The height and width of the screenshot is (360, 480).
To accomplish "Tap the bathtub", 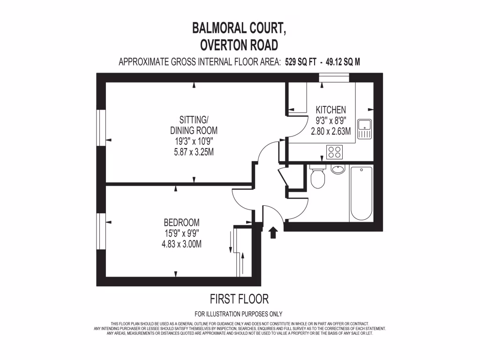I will [x=361, y=193].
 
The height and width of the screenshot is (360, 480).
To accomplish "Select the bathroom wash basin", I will [x=337, y=169].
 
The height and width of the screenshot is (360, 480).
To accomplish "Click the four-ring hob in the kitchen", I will [x=335, y=152].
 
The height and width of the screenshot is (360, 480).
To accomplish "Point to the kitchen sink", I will [x=364, y=129].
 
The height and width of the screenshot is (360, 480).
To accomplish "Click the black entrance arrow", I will [x=273, y=232].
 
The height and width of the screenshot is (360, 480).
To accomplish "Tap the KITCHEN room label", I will [x=331, y=110].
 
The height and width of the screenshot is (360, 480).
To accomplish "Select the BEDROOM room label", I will [x=181, y=222].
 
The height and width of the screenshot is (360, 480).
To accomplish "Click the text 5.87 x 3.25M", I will [x=194, y=151].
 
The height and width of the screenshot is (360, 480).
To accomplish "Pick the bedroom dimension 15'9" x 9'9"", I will [x=181, y=233].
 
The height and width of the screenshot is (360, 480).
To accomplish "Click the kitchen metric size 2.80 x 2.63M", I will [x=331, y=132].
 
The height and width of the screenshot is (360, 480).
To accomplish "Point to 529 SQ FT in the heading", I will [x=300, y=62].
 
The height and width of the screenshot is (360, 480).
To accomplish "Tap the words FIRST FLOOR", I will [x=239, y=299].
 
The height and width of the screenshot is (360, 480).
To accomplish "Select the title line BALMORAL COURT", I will [x=239, y=28].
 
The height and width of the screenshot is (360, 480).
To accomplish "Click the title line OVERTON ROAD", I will [x=239, y=45].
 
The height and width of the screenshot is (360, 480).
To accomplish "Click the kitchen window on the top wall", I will [x=334, y=78].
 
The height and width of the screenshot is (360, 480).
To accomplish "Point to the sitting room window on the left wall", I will [x=100, y=129].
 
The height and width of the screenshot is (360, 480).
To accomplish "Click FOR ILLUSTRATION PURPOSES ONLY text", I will [x=239, y=314].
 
